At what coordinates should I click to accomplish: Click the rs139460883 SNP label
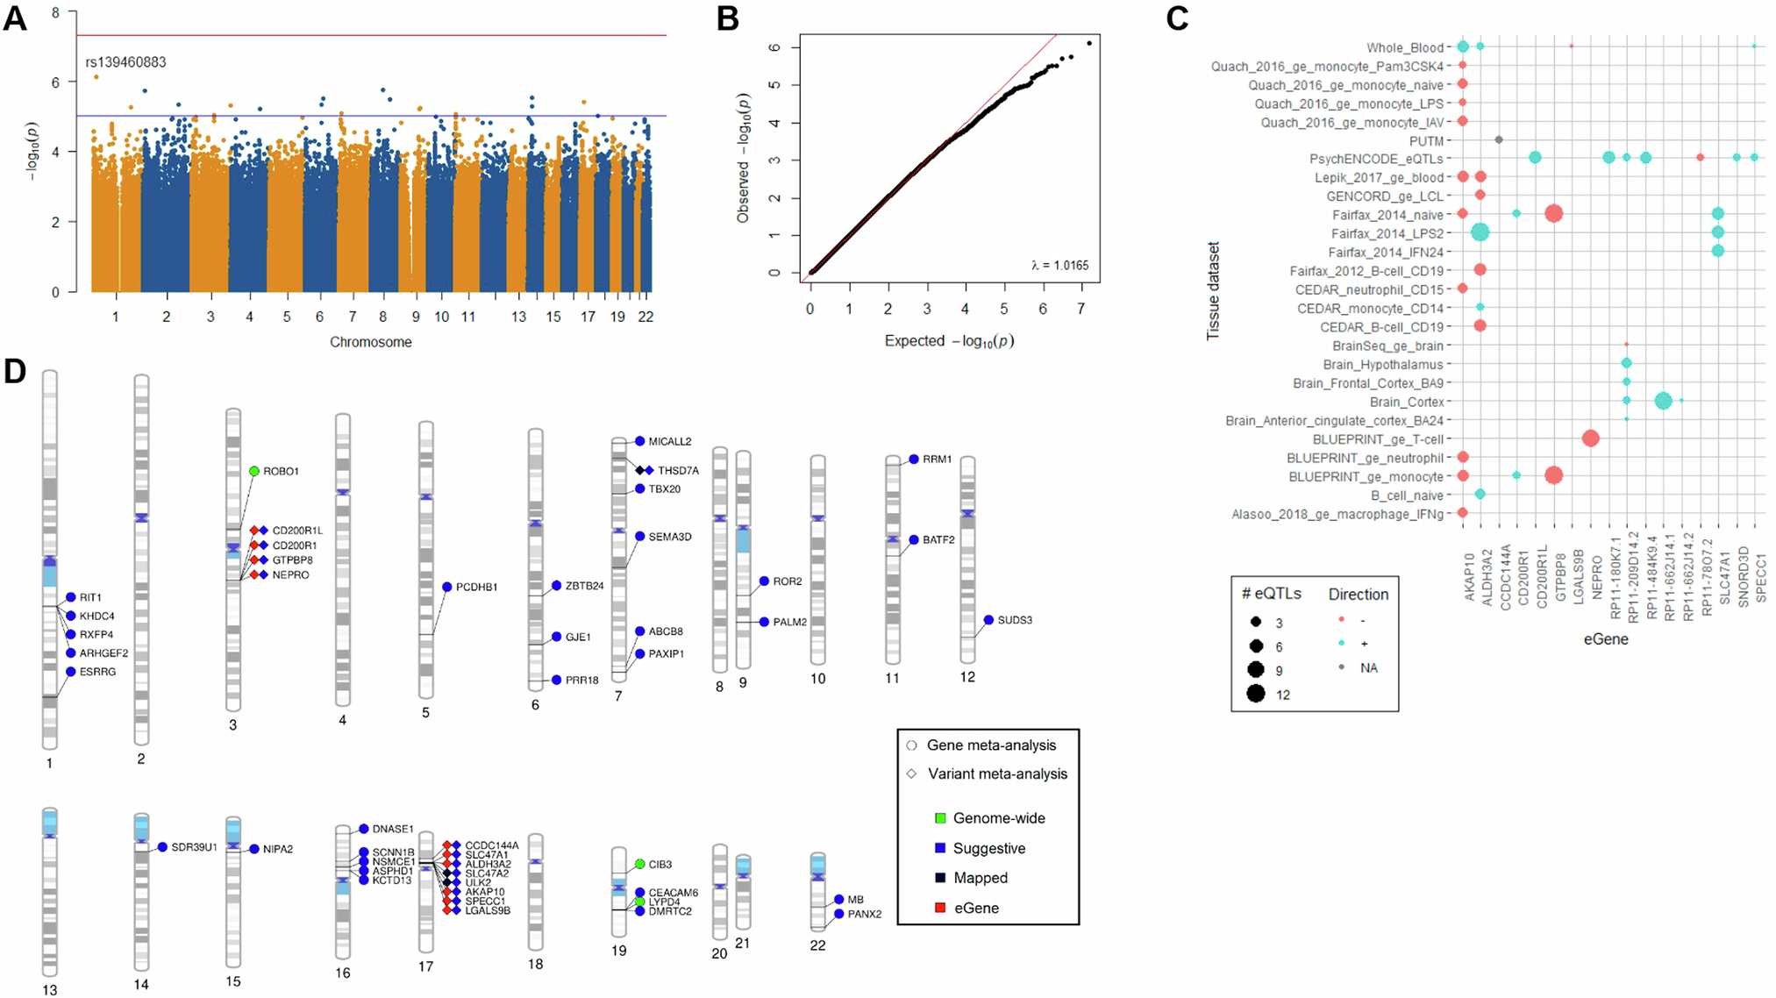click(125, 62)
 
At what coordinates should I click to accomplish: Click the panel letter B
click(728, 18)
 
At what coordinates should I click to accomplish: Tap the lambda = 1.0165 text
click(1059, 265)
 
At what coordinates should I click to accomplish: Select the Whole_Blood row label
click(1404, 48)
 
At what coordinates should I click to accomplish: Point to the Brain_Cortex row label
click(1406, 402)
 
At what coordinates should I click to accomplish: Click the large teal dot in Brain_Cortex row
click(1663, 401)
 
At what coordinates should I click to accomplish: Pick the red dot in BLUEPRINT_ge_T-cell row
click(1590, 438)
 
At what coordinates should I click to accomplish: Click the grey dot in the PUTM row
click(1498, 139)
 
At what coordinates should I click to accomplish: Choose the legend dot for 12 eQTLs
click(1256, 695)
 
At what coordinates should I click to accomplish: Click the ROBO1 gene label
click(281, 471)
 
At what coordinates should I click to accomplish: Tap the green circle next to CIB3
click(640, 864)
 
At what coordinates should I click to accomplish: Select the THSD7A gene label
click(678, 471)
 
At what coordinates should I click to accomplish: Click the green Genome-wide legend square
click(940, 818)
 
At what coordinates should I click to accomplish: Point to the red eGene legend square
click(940, 908)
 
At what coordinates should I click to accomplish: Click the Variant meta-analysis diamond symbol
click(911, 773)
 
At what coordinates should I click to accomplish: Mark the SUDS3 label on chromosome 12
click(1015, 620)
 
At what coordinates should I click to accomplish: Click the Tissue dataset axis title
click(1214, 291)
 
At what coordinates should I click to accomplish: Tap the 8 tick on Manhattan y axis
click(56, 13)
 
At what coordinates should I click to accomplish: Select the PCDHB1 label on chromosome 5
click(476, 587)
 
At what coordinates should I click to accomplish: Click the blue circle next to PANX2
click(839, 914)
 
